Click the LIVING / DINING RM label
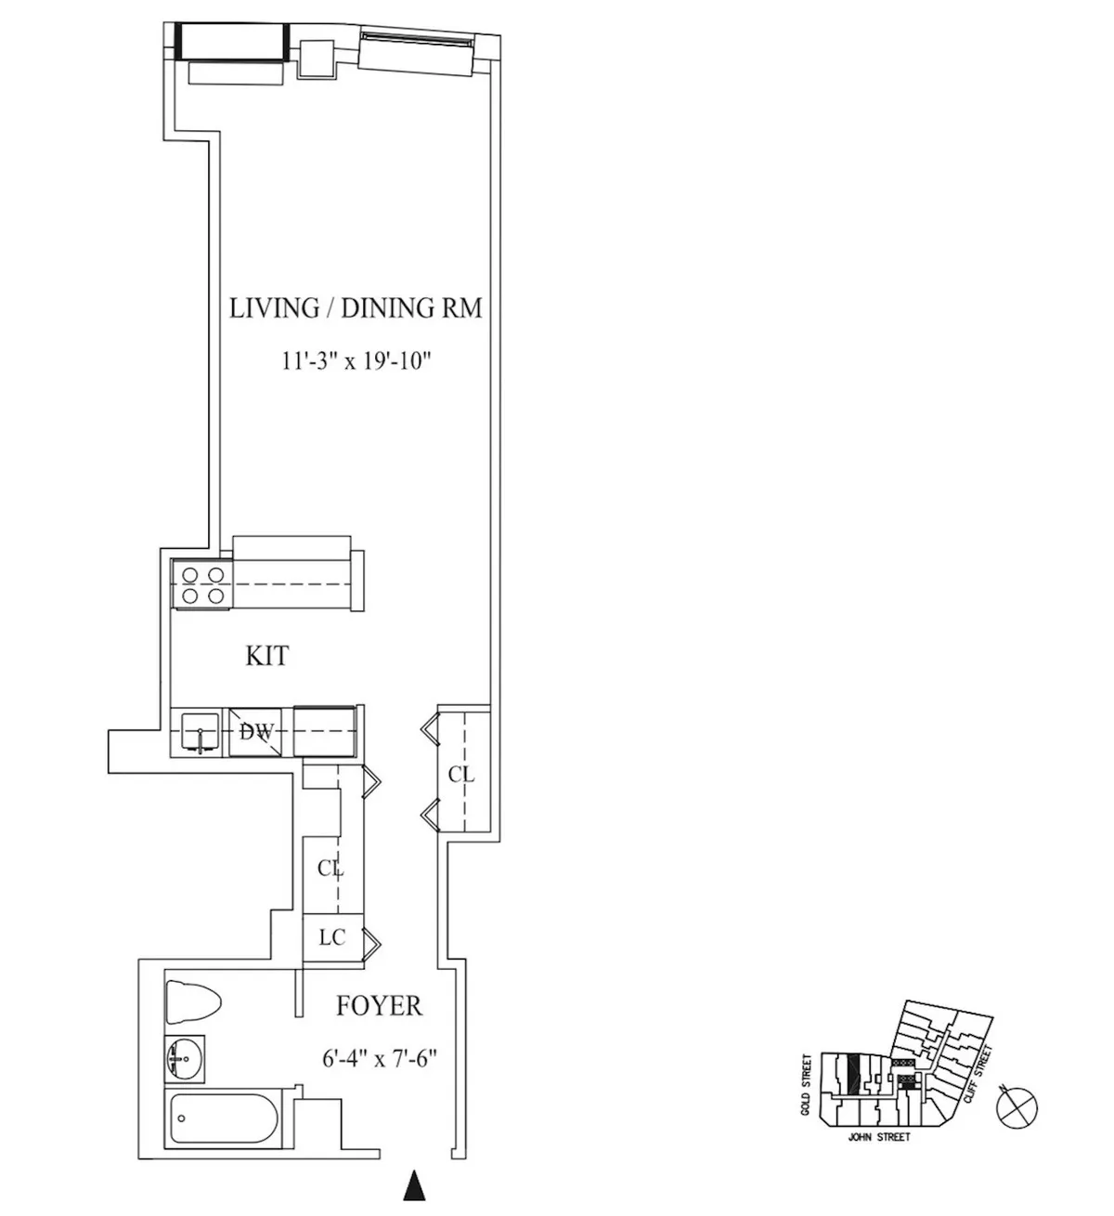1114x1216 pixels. click(356, 308)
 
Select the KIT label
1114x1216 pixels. click(266, 656)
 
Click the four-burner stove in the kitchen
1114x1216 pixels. click(202, 585)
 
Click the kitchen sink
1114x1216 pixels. click(200, 732)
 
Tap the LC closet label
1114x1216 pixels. click(332, 937)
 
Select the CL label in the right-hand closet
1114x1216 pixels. click(461, 774)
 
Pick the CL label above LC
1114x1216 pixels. click(330, 870)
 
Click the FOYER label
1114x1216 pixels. click(378, 1006)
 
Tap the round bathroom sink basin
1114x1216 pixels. click(182, 1056)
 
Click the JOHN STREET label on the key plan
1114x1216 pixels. click(879, 1137)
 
